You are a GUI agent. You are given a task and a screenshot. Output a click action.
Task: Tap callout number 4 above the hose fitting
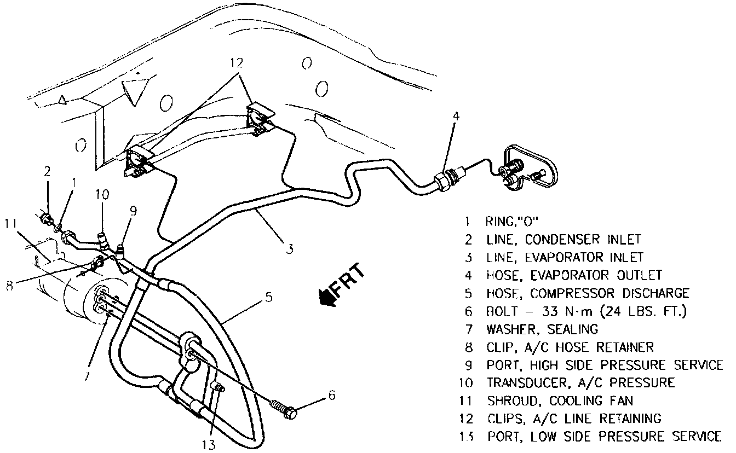click(456, 116)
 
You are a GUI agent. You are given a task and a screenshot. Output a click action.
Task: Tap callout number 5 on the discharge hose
click(268, 299)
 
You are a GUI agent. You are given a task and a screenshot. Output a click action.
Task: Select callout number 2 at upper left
click(48, 172)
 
